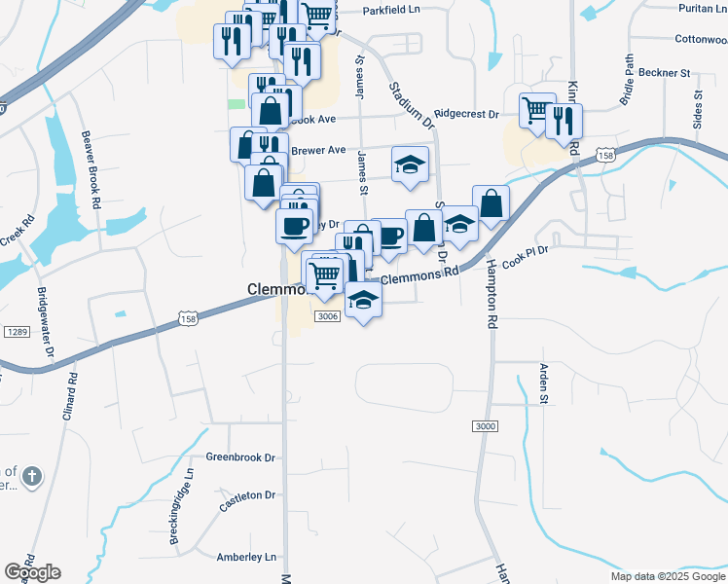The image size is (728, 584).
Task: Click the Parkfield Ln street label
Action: click(x=390, y=10)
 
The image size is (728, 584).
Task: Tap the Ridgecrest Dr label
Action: click(x=466, y=114)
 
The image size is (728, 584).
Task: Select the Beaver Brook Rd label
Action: click(x=91, y=170)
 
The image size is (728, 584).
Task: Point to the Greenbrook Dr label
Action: click(x=241, y=456)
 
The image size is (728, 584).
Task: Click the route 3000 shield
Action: click(x=484, y=427)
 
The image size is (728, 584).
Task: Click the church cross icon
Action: click(x=31, y=476)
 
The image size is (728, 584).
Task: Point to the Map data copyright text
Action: click(x=668, y=576)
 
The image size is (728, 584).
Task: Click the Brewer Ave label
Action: click(x=318, y=150)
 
